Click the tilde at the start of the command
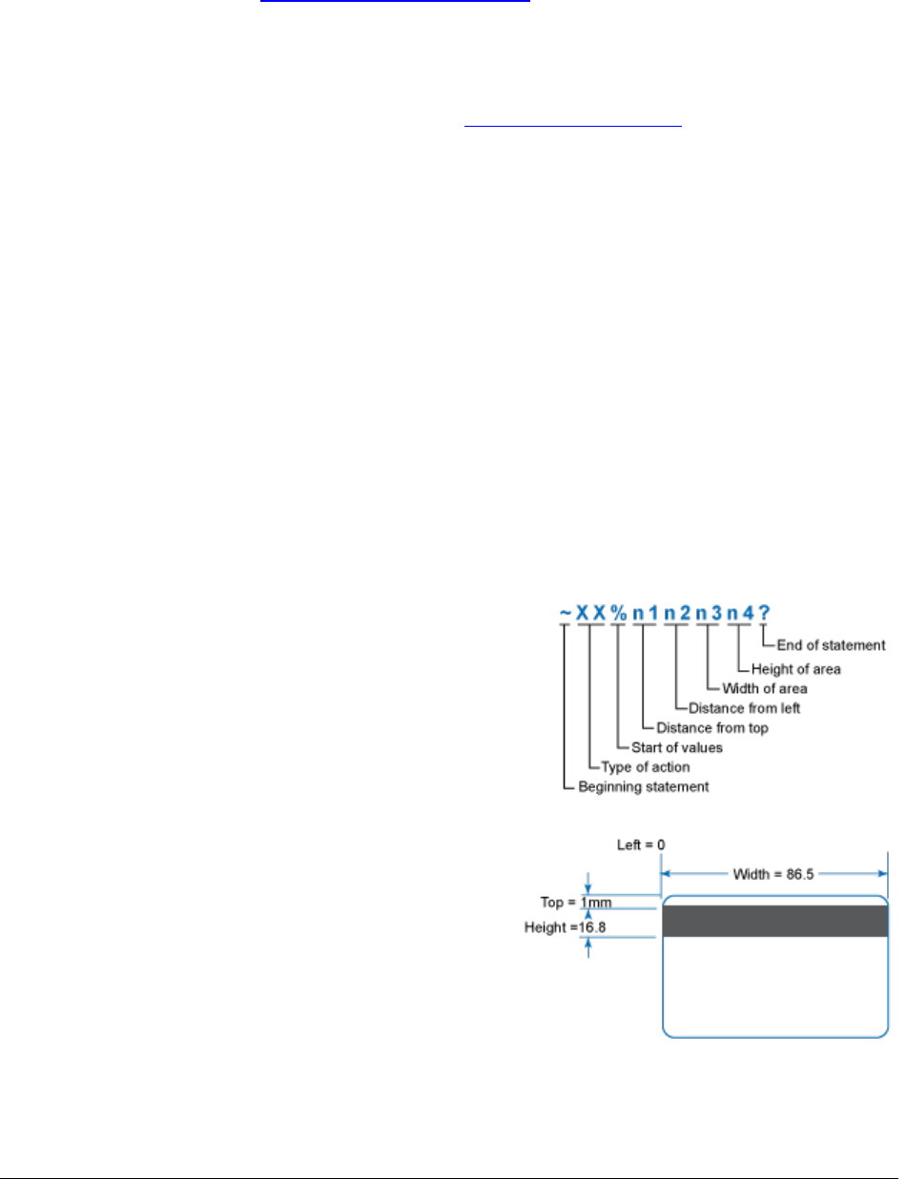566,614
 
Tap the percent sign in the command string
619,613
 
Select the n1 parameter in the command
646,613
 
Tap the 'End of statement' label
831,645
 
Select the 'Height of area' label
795,667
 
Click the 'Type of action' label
646,767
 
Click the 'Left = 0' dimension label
637,843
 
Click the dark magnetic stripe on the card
774,921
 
